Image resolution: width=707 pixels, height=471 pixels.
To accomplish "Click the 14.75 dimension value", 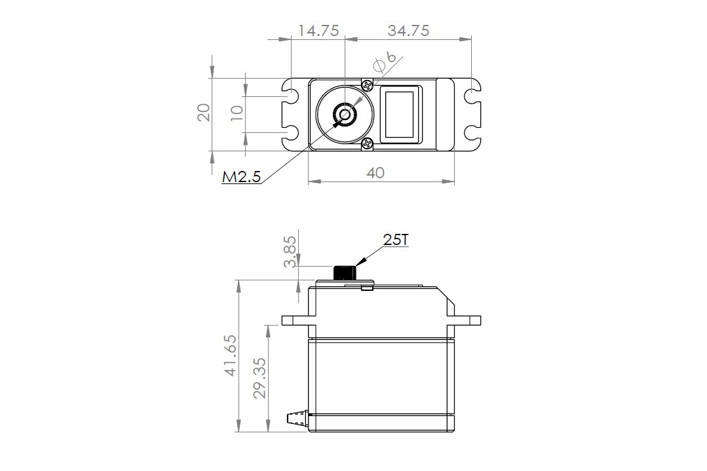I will pos(318,31).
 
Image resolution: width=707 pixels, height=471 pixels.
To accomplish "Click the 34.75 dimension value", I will pos(408,31).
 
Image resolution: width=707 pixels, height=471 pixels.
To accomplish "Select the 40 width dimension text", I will pos(375,172).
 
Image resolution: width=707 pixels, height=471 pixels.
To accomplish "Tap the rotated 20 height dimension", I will pos(204,113).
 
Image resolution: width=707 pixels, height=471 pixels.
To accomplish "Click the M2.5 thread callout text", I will pos(242,177).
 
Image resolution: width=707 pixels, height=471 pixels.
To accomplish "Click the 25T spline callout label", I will pos(395,240).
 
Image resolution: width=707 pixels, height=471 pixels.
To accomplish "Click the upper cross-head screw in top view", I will pos(367,85).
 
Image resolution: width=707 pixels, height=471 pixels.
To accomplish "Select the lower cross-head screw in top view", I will pos(367,143).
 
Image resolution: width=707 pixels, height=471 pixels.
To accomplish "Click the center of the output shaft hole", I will pos(344,115).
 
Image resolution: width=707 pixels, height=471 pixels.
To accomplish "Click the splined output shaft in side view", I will pos(345,273).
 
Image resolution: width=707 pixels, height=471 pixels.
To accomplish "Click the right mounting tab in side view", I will pos(467,320).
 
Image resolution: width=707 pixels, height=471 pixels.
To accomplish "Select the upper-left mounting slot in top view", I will pos(291,96).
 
